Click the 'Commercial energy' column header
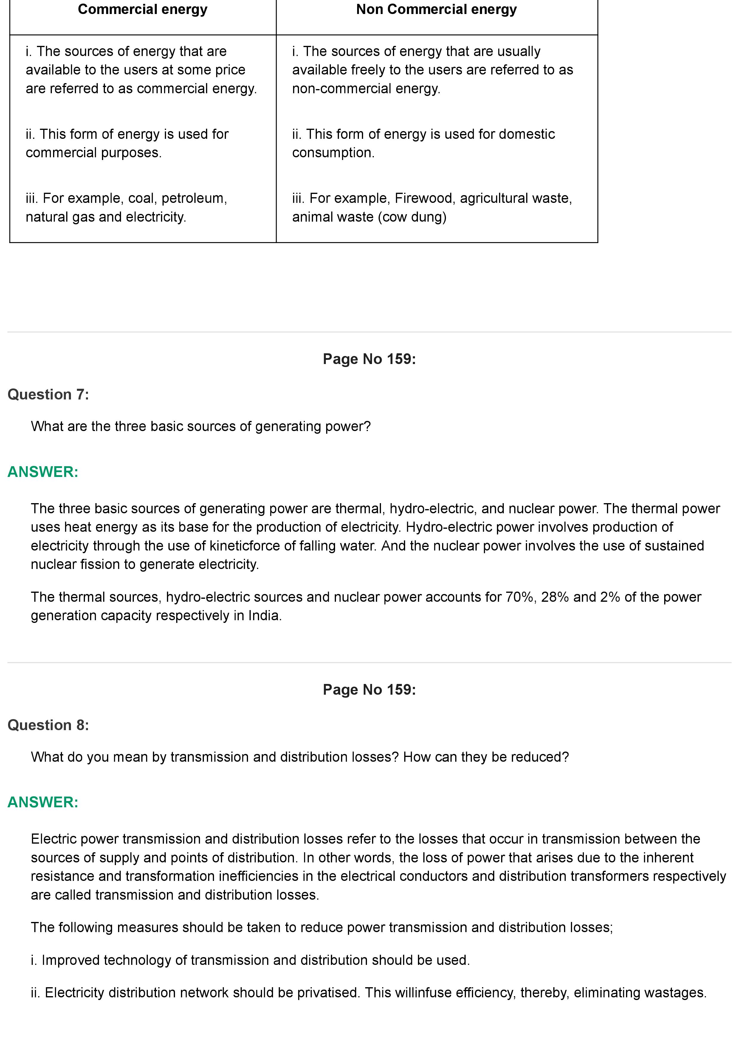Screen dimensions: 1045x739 (x=142, y=10)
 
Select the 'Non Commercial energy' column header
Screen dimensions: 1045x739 (x=436, y=10)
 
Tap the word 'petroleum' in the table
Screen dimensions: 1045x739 (x=193, y=198)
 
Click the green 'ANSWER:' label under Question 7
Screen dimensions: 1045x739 (x=43, y=472)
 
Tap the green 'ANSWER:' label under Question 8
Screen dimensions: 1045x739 (x=43, y=803)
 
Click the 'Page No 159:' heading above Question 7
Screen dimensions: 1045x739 (x=369, y=359)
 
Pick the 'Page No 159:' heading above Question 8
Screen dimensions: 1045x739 (x=369, y=690)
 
